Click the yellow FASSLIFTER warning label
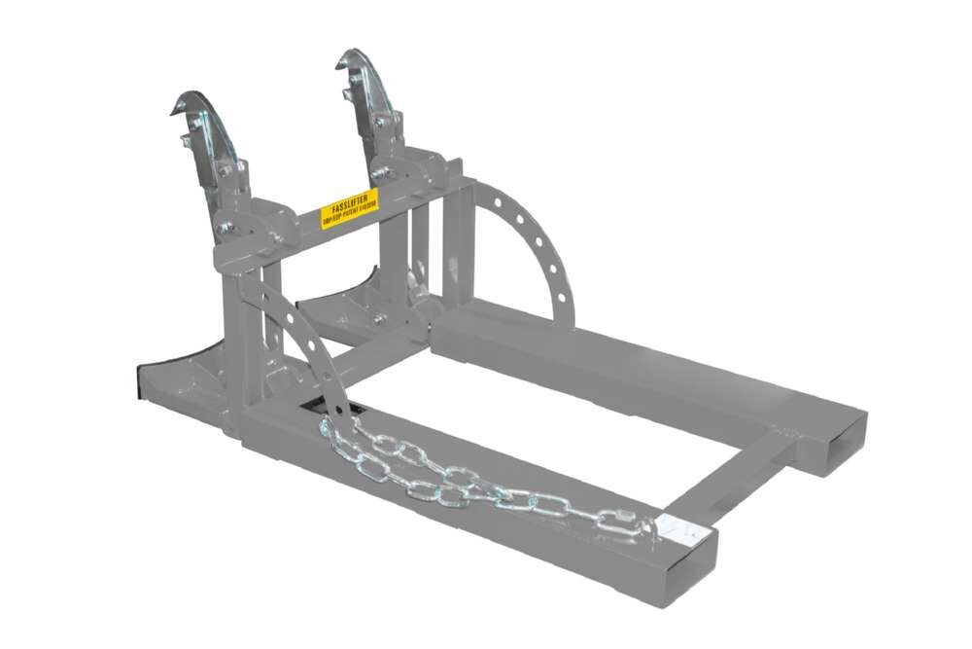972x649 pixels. (350, 208)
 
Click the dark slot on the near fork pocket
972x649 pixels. (326, 409)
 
